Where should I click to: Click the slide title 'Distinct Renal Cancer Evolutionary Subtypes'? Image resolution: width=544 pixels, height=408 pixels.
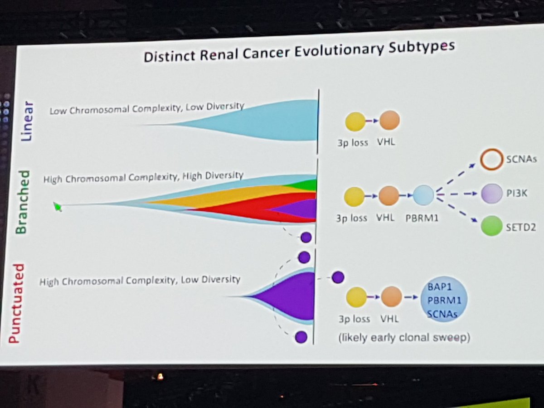tap(299, 53)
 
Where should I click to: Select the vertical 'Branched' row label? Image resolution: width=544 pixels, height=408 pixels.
tap(22, 202)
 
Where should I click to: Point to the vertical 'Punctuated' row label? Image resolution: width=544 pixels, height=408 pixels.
tap(16, 301)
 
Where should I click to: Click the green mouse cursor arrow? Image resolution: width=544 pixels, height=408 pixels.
tap(57, 207)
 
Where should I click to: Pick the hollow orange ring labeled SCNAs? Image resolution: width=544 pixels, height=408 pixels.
tap(491, 160)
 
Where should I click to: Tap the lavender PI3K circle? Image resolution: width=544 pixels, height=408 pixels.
tap(492, 193)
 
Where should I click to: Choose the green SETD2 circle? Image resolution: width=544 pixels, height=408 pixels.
tap(492, 226)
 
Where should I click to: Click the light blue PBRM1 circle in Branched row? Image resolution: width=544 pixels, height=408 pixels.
tap(423, 196)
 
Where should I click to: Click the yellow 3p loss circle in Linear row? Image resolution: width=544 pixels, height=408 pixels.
tap(355, 121)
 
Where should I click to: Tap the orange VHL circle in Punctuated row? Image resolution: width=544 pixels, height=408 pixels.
tap(391, 297)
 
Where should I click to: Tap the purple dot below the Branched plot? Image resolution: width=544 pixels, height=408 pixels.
tap(306, 237)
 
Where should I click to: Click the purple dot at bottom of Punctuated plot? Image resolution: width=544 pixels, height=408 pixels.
tap(301, 337)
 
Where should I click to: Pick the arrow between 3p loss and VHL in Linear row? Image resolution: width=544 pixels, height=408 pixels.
tap(372, 121)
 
